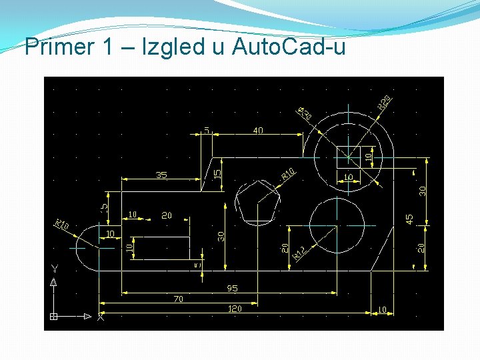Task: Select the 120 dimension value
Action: coord(235,309)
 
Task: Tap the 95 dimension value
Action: coord(232,289)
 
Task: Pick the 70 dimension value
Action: coord(178,299)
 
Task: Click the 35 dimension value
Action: coord(161,175)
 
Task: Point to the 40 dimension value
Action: coord(258,131)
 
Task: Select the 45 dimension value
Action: coord(409,218)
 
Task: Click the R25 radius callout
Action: coord(384,103)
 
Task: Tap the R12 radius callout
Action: coord(299,253)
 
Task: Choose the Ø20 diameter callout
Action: coord(304,113)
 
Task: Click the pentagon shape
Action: coord(258,202)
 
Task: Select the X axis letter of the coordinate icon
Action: coord(101,317)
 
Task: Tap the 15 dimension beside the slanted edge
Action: coord(216,173)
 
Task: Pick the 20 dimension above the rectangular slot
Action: coord(167,215)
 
